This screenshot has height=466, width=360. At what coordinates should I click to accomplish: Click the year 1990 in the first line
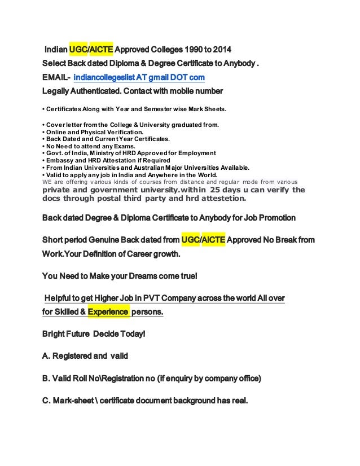(191, 49)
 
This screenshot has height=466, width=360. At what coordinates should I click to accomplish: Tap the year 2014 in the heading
(221, 49)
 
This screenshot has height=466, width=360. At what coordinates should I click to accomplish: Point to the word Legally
(59, 91)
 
